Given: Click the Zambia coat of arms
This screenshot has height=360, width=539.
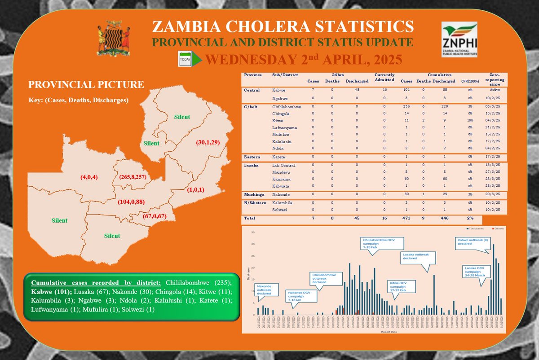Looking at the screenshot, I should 114,40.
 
